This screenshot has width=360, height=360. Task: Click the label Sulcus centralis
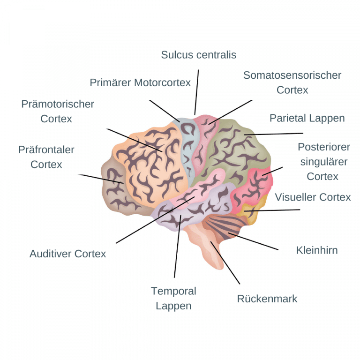198,55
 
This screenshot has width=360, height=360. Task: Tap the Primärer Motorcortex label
140,83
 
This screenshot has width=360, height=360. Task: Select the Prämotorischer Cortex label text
58,111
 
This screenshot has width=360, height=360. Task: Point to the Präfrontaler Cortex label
46,157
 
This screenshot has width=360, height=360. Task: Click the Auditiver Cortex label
67,254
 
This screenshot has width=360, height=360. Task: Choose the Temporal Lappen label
173,298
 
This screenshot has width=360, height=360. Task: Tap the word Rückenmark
267,299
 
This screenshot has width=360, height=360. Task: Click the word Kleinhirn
317,250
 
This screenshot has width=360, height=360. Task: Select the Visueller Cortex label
313,197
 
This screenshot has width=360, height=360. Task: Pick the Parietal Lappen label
307,118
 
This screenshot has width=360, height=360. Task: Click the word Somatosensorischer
292,75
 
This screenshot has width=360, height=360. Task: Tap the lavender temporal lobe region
187,213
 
